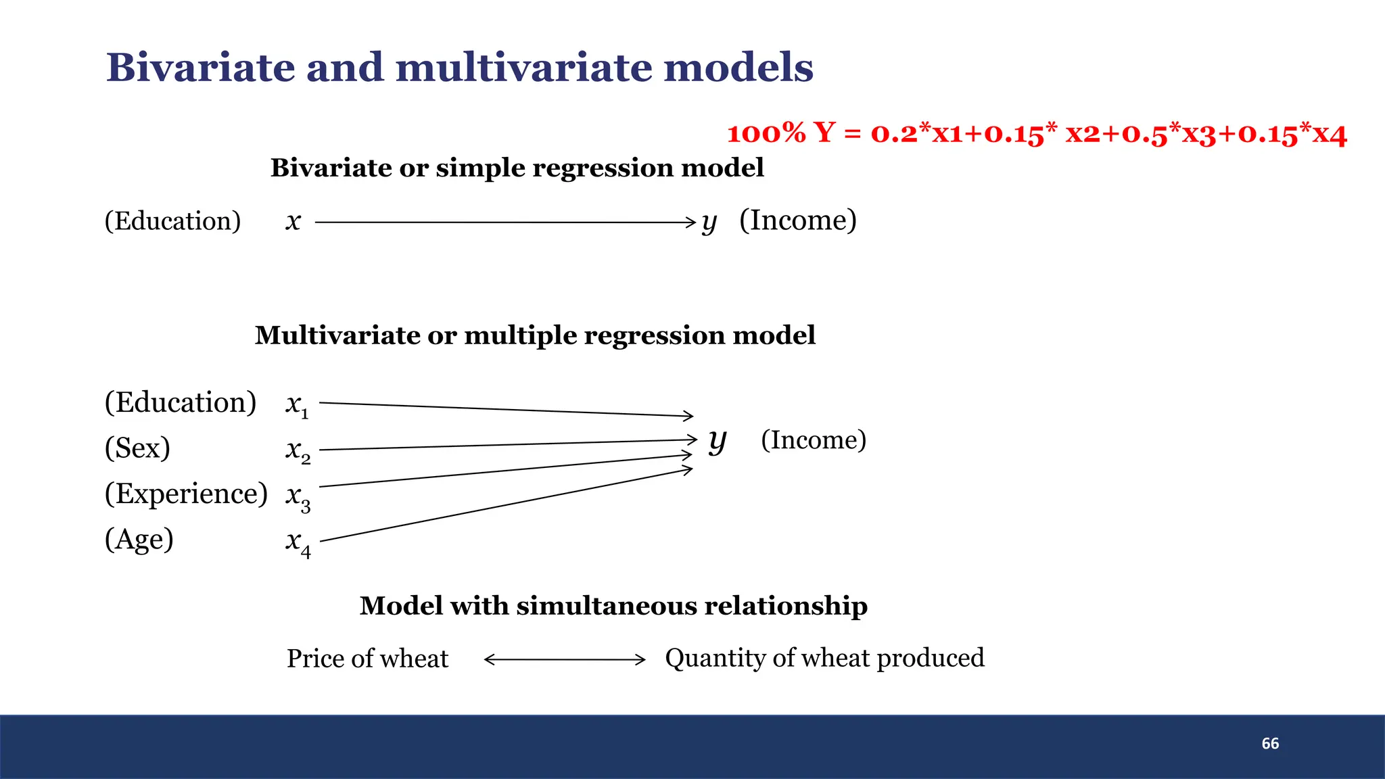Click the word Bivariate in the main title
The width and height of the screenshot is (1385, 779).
200,68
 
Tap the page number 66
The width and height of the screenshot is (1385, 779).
1270,744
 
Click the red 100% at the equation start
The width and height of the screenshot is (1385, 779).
766,133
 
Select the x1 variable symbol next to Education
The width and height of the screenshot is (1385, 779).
297,405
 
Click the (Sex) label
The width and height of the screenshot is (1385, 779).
137,448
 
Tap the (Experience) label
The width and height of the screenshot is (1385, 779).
186,494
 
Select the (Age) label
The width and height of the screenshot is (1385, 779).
139,540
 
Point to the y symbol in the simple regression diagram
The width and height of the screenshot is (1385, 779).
708,222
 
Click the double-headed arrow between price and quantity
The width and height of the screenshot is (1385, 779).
565,659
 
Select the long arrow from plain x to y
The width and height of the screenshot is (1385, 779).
504,222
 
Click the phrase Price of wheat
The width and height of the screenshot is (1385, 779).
367,659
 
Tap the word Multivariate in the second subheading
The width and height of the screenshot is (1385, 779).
336,335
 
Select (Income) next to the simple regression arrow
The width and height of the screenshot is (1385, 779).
797,220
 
